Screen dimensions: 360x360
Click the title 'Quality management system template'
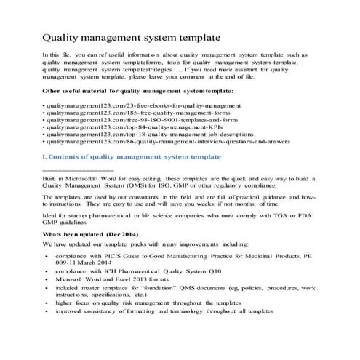(x=132, y=36)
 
